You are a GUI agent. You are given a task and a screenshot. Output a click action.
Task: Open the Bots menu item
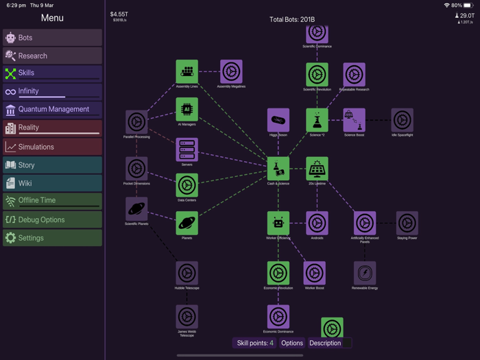52,38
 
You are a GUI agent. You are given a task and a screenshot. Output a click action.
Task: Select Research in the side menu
52,56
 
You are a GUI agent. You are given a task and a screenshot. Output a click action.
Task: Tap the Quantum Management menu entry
52,110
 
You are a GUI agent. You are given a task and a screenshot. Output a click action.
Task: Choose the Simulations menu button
52,147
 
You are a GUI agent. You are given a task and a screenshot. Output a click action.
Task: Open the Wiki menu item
52,183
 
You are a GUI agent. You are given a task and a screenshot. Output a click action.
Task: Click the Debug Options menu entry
52,220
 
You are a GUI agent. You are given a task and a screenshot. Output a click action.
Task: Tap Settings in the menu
52,238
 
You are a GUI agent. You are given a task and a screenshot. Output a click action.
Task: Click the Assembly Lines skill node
187,71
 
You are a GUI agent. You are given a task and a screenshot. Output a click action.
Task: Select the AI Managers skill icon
187,108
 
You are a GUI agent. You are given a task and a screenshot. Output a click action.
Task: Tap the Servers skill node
187,149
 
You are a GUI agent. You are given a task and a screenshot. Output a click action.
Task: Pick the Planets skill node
187,222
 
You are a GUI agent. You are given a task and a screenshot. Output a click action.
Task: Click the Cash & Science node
278,168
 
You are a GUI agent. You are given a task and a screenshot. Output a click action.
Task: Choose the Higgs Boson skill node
278,120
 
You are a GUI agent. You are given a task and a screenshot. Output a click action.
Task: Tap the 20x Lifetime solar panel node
317,168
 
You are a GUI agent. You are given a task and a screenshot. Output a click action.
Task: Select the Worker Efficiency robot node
278,222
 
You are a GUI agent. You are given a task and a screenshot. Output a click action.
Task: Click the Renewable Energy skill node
365,272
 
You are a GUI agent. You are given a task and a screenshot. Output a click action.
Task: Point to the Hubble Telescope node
187,272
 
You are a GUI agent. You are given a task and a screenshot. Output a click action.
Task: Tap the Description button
325,343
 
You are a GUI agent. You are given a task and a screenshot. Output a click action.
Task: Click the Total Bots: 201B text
292,20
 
